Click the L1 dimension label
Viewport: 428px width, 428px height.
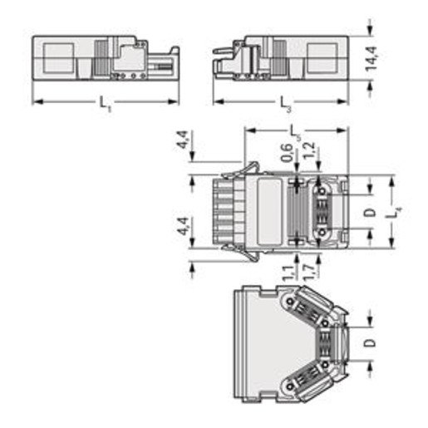point(105,104)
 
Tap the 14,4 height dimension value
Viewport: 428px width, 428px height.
point(371,58)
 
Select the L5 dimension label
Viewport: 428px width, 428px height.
point(295,132)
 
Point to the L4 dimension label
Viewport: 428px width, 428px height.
point(396,213)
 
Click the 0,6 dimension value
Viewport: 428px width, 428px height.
point(288,153)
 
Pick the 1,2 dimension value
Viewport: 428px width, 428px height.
point(309,150)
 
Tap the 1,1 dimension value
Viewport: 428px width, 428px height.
point(288,273)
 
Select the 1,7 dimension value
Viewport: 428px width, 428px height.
point(309,273)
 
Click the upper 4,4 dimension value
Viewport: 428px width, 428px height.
point(183,140)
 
